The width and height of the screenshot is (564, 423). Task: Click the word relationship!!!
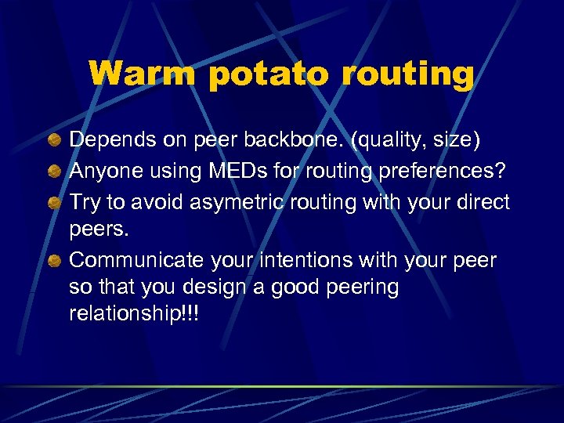[x=134, y=315]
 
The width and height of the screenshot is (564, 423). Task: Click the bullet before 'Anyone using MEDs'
[x=53, y=172]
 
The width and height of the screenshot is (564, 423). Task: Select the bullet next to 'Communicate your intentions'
[x=53, y=260]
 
